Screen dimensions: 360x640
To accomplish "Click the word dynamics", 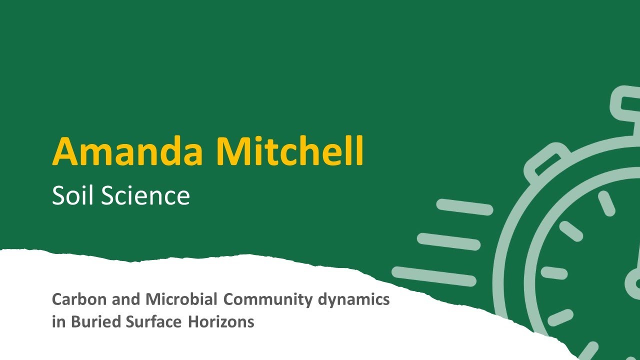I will tap(354, 300).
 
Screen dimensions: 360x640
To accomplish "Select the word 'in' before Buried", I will tap(58, 322).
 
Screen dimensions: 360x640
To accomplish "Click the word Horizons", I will tap(221, 322).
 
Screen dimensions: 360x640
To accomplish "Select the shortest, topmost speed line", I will tap(464, 206).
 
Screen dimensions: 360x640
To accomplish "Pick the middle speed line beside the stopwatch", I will tap(448, 241).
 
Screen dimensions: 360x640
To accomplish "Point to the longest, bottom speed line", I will tap(434, 276).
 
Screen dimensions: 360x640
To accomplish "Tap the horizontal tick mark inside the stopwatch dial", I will tap(554, 273).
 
